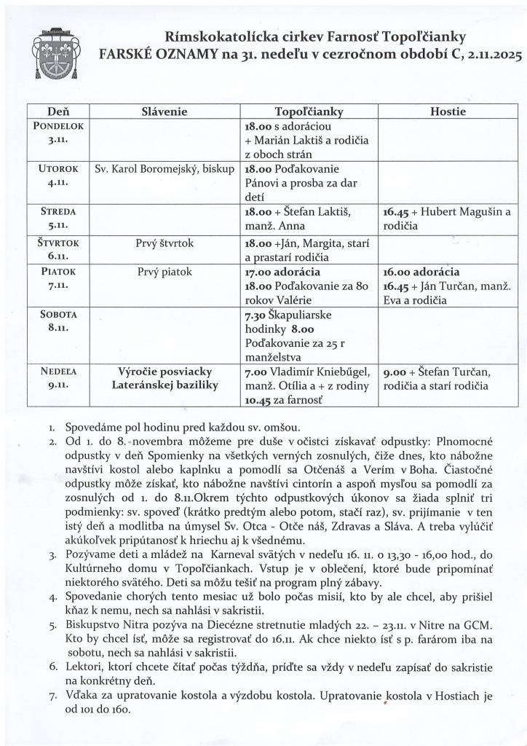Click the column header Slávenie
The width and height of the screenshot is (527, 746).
pyautogui.click(x=164, y=112)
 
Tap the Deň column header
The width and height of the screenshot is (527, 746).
pyautogui.click(x=58, y=112)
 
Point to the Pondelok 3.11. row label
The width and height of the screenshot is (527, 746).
pyautogui.click(x=58, y=131)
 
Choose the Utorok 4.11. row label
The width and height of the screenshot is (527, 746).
pyautogui.click(x=58, y=175)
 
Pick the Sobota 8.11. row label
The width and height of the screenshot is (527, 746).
pyautogui.click(x=58, y=321)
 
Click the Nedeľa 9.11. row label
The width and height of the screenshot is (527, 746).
pyautogui.click(x=58, y=378)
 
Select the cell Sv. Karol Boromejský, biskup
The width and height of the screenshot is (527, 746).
pyautogui.click(x=165, y=169)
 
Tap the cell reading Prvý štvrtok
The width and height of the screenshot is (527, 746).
pyautogui.click(x=165, y=243)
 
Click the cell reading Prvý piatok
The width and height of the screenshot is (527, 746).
pyautogui.click(x=165, y=272)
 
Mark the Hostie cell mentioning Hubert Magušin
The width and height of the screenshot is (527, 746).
pyautogui.click(x=447, y=219)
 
